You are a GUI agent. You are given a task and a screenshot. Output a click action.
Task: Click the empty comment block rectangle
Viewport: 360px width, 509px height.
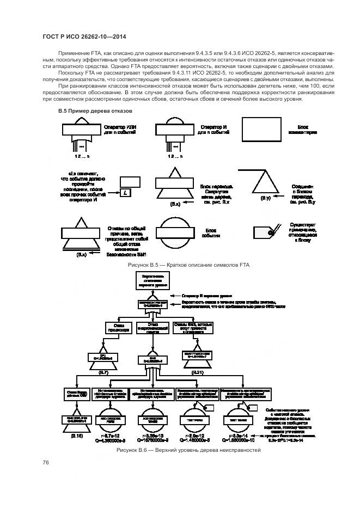point(264,131)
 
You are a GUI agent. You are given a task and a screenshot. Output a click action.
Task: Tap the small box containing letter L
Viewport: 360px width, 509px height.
point(125,193)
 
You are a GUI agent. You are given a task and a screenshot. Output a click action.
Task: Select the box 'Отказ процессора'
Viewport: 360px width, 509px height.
point(118,328)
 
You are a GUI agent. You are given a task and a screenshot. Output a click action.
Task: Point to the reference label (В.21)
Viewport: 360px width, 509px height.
point(198,372)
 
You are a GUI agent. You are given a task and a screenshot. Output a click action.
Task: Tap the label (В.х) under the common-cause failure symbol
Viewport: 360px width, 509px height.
point(81,254)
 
